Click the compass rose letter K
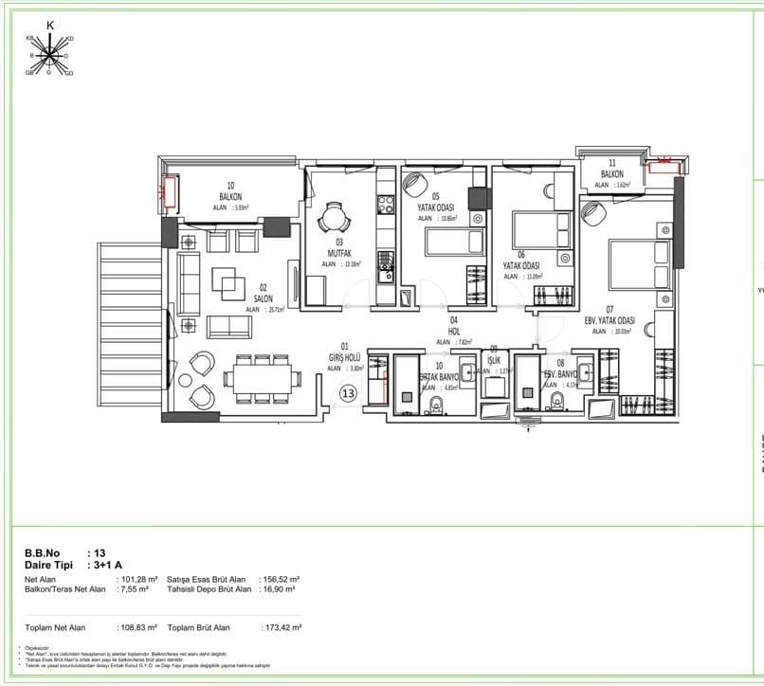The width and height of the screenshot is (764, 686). (x=50, y=26)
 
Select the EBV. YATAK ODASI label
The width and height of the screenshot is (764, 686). (x=610, y=320)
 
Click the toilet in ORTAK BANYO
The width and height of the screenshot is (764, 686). (x=436, y=407)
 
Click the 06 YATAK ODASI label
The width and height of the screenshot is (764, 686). (x=521, y=266)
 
